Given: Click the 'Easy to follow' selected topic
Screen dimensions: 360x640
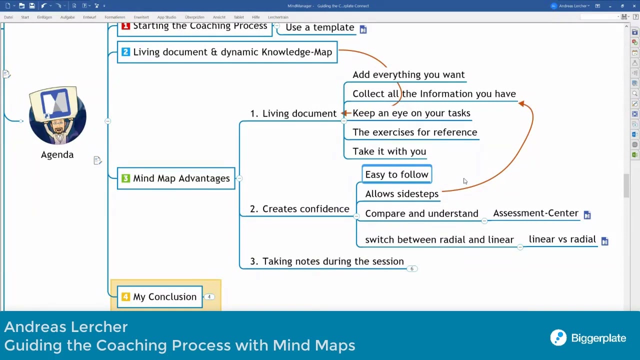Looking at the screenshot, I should pyautogui.click(x=396, y=174).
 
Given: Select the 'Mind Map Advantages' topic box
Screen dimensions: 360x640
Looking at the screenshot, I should pyautogui.click(x=176, y=178).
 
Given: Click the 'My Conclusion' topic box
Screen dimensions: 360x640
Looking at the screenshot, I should pyautogui.click(x=160, y=297).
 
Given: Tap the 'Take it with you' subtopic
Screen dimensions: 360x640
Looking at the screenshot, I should pyautogui.click(x=389, y=151).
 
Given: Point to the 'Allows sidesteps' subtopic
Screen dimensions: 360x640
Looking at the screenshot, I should pyautogui.click(x=401, y=194).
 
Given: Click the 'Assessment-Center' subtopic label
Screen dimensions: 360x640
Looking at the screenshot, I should pyautogui.click(x=535, y=213).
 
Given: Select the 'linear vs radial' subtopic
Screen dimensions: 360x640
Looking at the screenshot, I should pyautogui.click(x=562, y=239).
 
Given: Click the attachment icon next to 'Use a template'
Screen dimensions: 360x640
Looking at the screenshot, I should pyautogui.click(x=363, y=29).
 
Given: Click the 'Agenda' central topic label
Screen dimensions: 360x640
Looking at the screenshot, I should pyautogui.click(x=57, y=154).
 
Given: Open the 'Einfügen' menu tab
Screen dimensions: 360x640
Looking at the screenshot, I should pyautogui.click(x=44, y=17).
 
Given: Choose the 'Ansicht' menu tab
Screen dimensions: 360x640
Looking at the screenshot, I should pyautogui.click(x=219, y=17).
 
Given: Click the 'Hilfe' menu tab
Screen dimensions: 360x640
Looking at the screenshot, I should pyautogui.click(x=256, y=17).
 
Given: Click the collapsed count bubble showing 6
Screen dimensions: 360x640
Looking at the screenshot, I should pyautogui.click(x=412, y=269).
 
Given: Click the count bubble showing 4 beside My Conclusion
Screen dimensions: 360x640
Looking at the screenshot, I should pyautogui.click(x=209, y=297).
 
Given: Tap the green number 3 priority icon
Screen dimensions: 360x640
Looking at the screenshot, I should pyautogui.click(x=125, y=178).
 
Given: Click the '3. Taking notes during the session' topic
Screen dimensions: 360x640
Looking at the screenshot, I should pyautogui.click(x=327, y=261).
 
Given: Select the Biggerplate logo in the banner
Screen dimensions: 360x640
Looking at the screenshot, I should pyautogui.click(x=588, y=338).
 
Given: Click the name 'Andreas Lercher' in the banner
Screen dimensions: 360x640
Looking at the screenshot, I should pyautogui.click(x=66, y=327).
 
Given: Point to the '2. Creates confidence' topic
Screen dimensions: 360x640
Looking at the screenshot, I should pyautogui.click(x=300, y=209).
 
